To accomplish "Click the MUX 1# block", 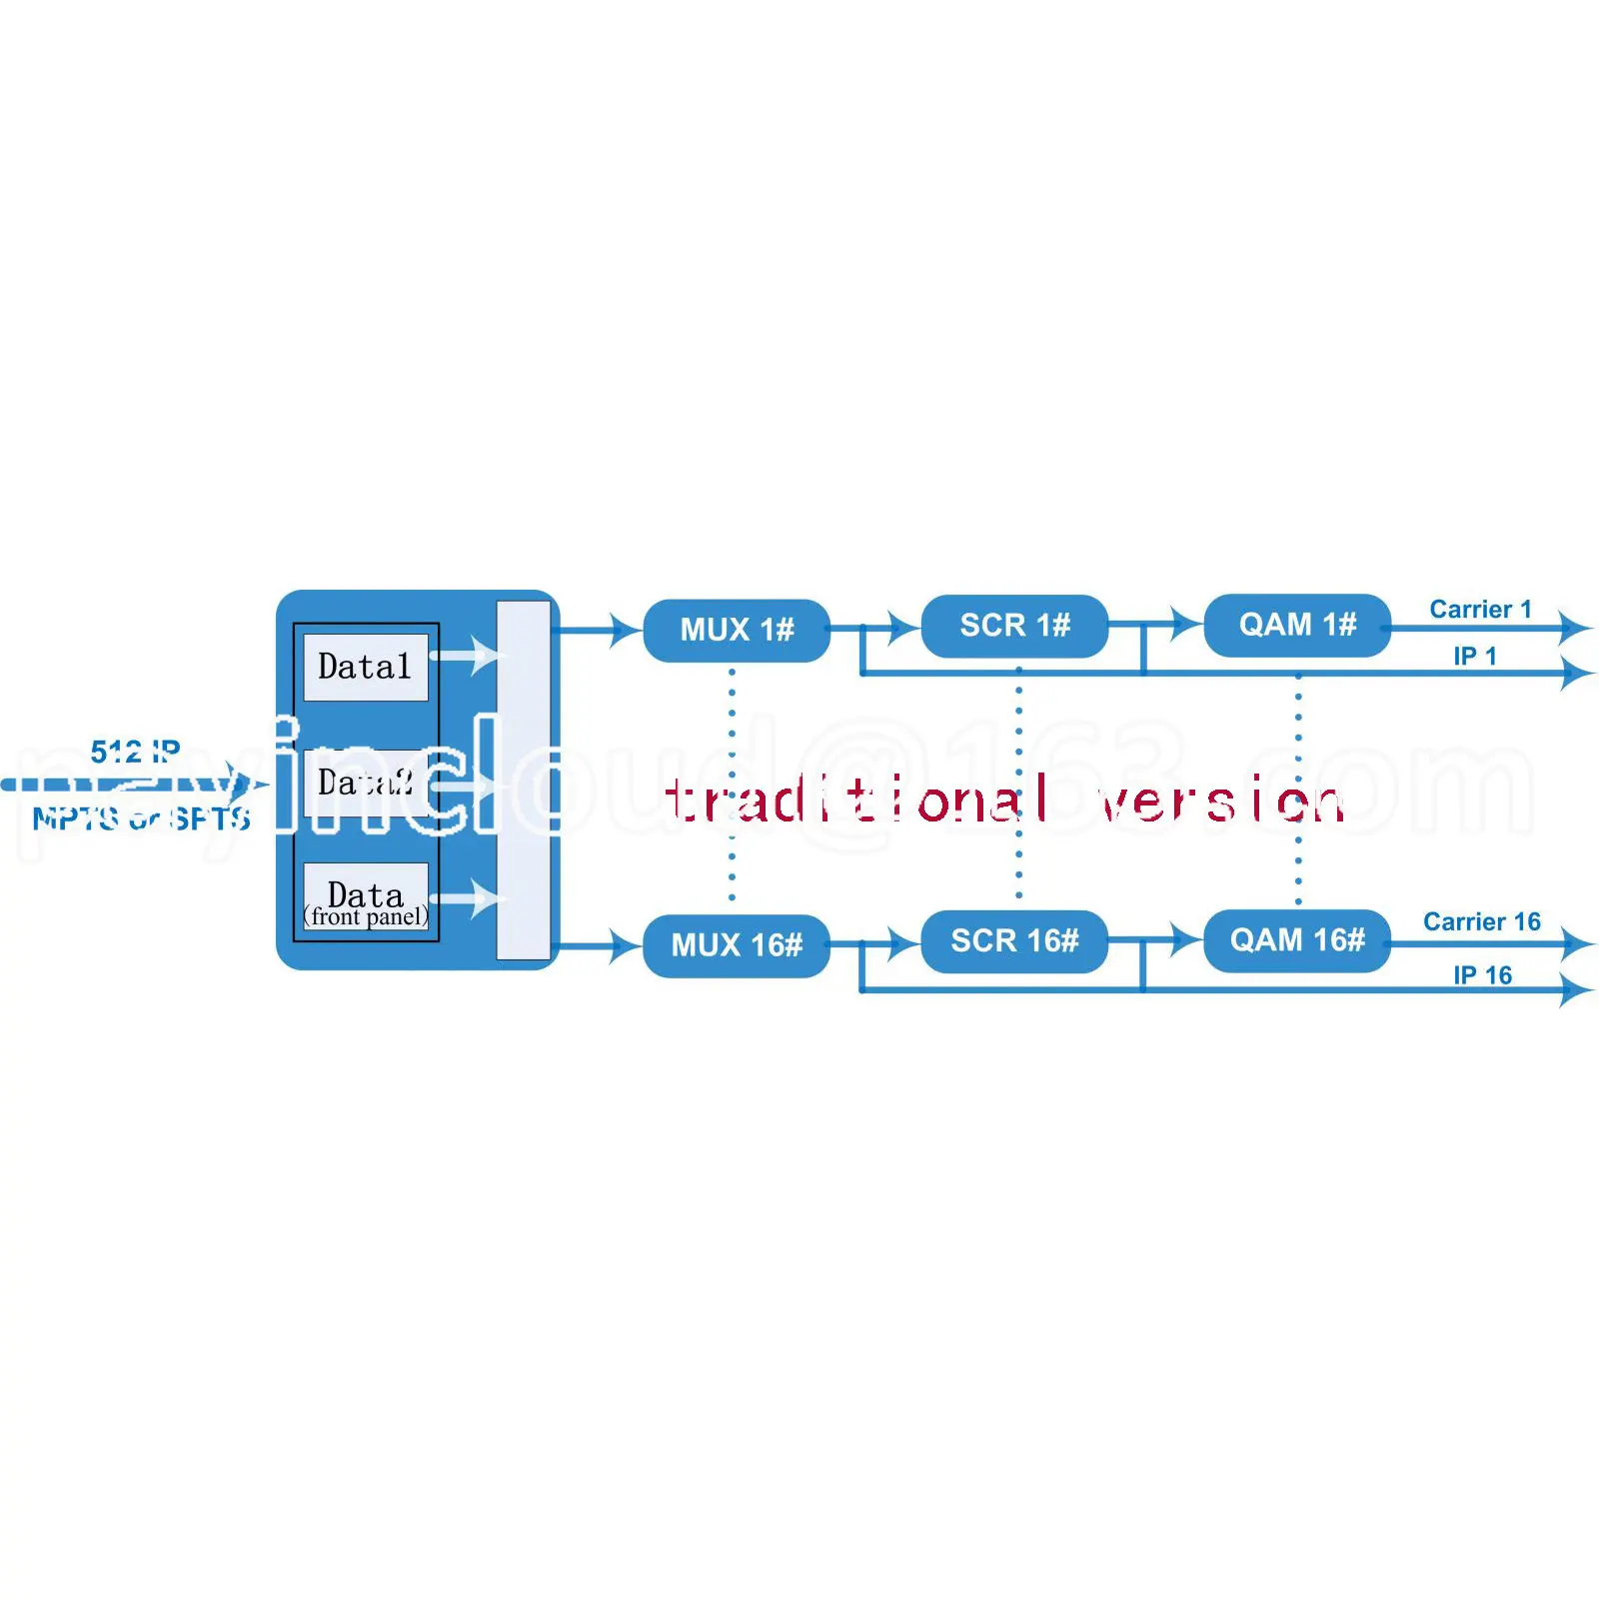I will point(737,630).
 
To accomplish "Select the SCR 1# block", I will point(1014,626).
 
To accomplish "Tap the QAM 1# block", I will point(1297,626).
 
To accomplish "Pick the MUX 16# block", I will point(737,945).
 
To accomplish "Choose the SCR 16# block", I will point(1014,941).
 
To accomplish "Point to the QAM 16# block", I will point(1297,940).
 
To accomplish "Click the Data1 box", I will point(365,667).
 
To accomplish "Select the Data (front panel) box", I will point(366,897).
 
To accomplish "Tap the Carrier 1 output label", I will point(1480,609).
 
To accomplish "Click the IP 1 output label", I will point(1475,656).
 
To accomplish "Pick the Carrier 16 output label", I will point(1481,921).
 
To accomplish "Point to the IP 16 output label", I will point(1482,974).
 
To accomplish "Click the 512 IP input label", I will point(135,751).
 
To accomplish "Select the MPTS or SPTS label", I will point(141,818).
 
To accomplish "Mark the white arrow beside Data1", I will point(470,656).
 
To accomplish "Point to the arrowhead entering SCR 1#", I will point(904,629).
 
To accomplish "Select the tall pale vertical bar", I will point(523,780).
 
